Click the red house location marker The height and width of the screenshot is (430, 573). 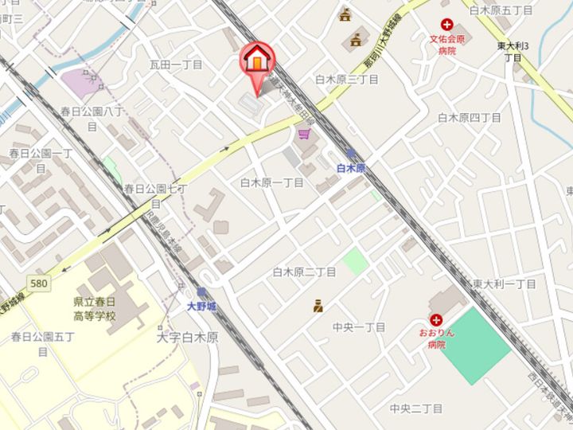click(x=257, y=60)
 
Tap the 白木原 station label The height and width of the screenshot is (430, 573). click(x=350, y=168)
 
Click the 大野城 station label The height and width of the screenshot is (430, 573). click(x=201, y=305)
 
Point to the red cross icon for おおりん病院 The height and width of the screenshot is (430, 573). click(x=435, y=319)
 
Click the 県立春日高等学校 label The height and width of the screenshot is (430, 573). click(x=105, y=310)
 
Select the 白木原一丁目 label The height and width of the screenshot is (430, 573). click(x=272, y=182)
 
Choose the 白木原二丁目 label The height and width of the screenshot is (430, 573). click(x=304, y=272)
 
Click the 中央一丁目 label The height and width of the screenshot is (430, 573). click(x=359, y=327)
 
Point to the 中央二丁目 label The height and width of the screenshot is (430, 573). click(x=415, y=408)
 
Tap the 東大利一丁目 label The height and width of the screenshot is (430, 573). click(x=504, y=284)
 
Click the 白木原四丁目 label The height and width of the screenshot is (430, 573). click(x=470, y=118)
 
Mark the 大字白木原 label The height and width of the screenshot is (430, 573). click(x=188, y=337)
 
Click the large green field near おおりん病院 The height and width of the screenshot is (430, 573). click(x=474, y=342)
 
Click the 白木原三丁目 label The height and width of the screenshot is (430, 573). click(x=346, y=80)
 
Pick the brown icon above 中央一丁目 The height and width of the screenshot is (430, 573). click(x=318, y=304)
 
